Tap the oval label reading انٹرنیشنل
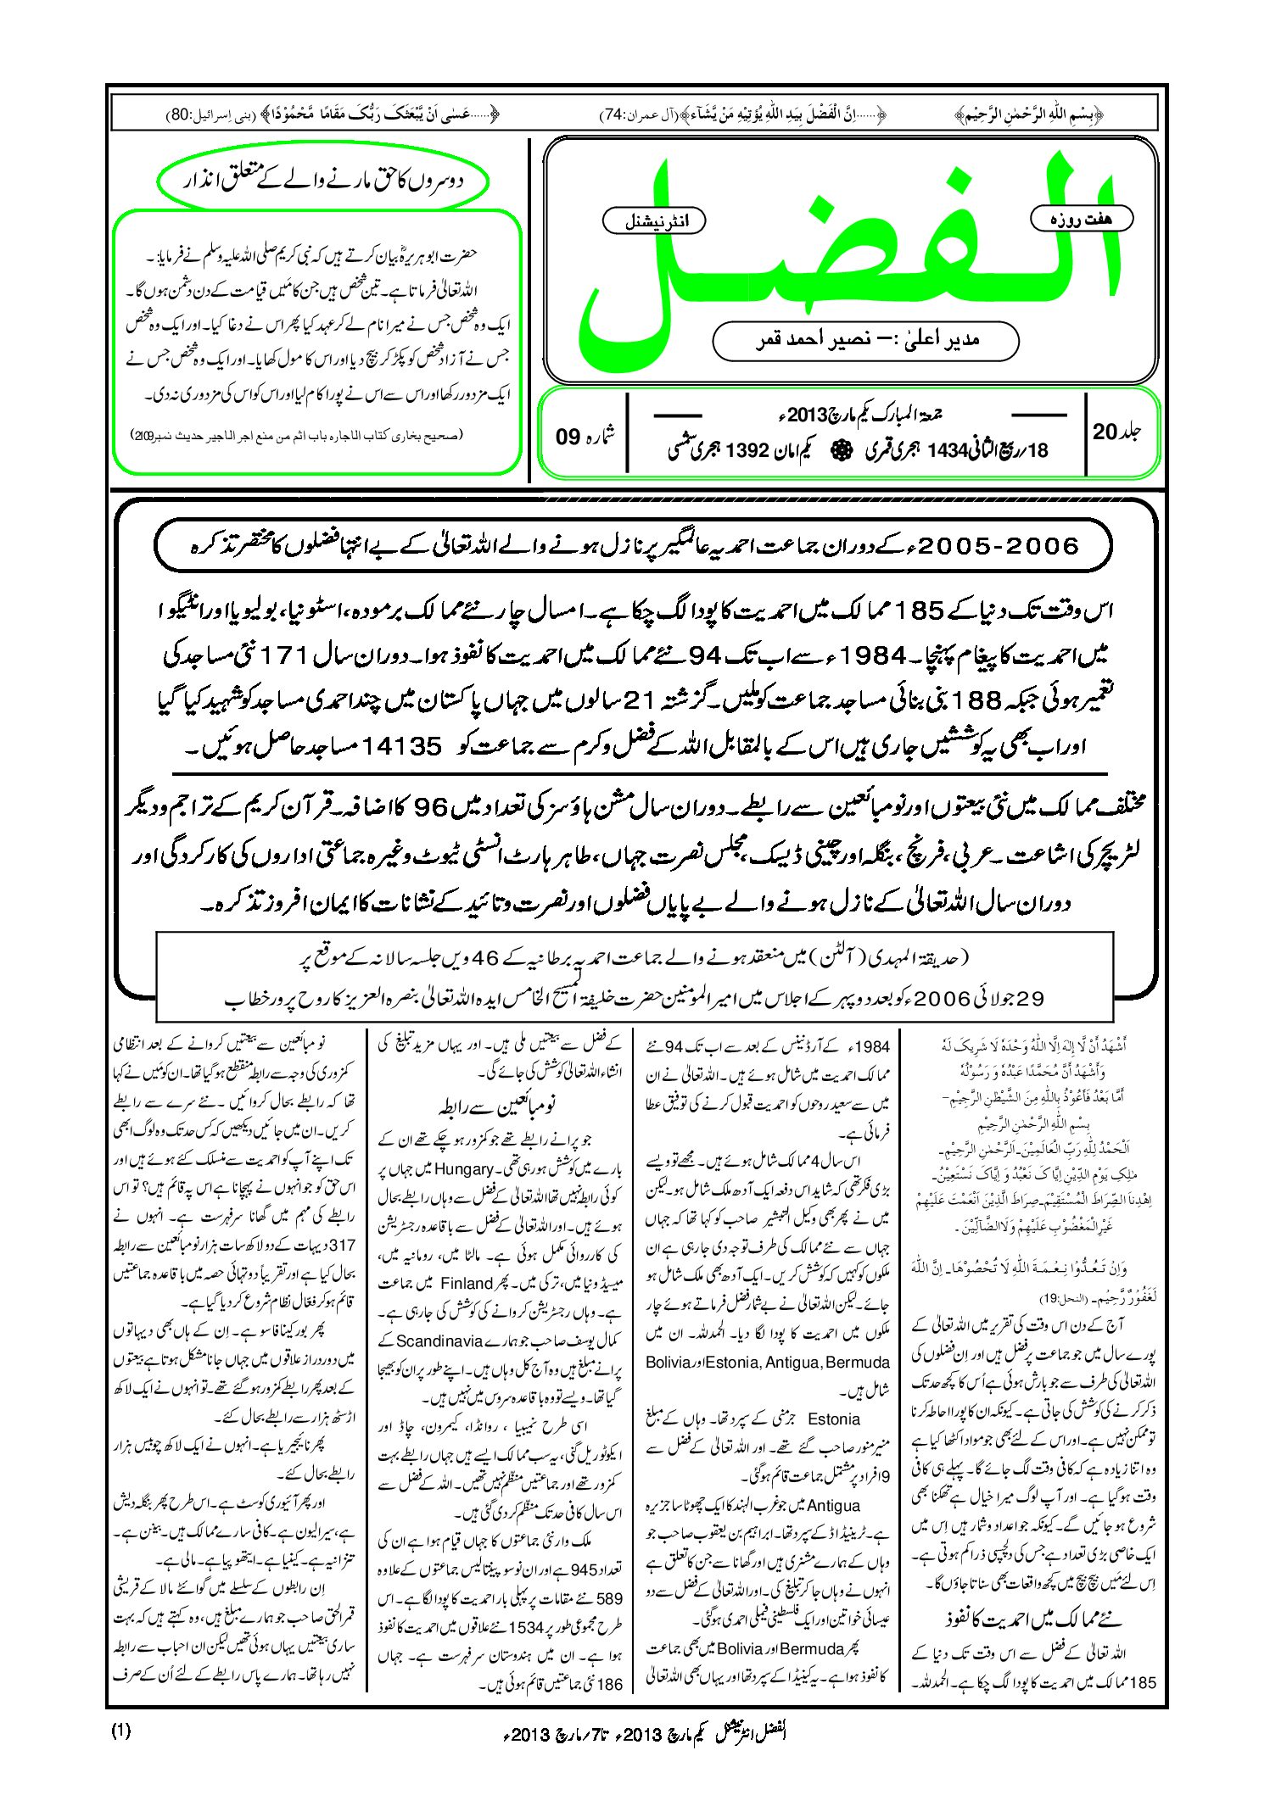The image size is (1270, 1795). [652, 221]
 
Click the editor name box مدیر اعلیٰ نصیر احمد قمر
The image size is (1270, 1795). [865, 340]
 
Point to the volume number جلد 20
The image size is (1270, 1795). [1116, 432]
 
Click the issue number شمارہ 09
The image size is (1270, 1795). [585, 435]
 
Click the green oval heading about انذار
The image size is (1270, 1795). [323, 181]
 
